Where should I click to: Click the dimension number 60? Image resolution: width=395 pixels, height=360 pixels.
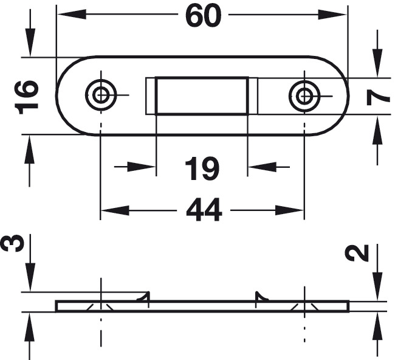click(204, 16)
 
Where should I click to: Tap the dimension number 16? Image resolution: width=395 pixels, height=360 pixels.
click(27, 97)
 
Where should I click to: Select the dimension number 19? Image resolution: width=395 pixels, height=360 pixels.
click(202, 168)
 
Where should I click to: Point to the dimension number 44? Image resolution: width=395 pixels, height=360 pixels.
click(204, 210)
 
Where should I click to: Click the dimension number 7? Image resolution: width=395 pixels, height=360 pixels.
click(379, 97)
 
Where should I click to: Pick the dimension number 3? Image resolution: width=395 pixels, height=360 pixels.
click(13, 243)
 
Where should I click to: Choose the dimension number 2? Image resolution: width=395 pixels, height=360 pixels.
click(357, 252)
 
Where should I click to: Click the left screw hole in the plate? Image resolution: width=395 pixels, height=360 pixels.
click(101, 95)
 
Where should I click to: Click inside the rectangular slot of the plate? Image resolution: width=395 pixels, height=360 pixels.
click(202, 96)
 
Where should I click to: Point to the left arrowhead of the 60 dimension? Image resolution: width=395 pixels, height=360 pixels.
click(72, 15)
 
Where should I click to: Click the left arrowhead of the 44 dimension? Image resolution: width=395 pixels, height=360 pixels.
click(115, 210)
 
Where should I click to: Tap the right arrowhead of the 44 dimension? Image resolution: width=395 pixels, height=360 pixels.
click(289, 210)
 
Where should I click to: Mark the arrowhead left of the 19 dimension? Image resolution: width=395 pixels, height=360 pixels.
click(141, 167)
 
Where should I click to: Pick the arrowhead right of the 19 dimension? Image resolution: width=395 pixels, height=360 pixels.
click(263, 167)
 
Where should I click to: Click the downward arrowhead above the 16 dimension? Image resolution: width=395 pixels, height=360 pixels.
click(30, 43)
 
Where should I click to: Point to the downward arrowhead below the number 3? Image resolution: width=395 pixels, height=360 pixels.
click(30, 277)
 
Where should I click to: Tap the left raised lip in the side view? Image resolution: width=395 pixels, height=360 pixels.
click(143, 297)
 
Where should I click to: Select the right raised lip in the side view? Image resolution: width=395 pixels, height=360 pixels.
click(262, 297)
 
